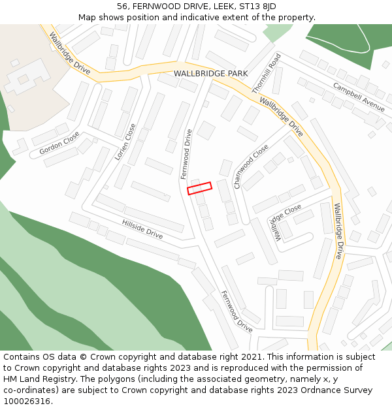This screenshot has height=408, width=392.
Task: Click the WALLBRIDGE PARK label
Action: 210,74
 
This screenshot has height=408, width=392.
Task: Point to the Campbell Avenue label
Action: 359,96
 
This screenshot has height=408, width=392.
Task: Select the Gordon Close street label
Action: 59,143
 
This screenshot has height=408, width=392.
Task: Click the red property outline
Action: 200,188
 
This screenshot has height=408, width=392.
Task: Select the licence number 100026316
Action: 28,401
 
